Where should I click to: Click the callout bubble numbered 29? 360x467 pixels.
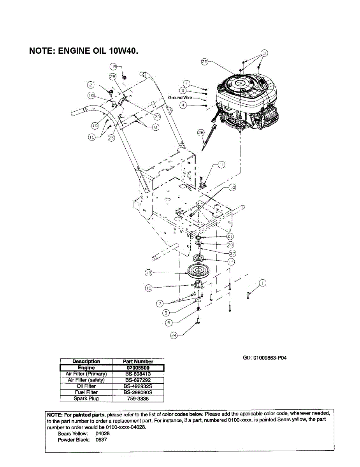[x=205, y=61]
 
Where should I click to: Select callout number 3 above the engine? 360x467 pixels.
[x=264, y=53]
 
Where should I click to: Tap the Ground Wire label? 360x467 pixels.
[x=180, y=98]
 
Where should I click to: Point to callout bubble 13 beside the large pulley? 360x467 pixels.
[x=148, y=273]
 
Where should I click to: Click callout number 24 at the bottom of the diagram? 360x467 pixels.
[x=174, y=336]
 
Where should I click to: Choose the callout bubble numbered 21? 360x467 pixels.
[x=230, y=237]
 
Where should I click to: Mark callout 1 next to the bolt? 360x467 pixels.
[x=263, y=283]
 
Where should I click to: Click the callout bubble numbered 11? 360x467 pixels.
[x=221, y=165]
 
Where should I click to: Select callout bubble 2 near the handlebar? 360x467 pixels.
[x=90, y=85]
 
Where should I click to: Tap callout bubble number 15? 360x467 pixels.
[x=149, y=288]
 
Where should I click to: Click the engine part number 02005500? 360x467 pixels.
[x=138, y=368]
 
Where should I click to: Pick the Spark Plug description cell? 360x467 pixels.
[x=86, y=399]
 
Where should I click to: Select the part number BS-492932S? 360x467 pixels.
[x=138, y=386]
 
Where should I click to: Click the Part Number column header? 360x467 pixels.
[x=138, y=362]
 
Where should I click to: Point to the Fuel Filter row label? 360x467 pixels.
[x=86, y=392]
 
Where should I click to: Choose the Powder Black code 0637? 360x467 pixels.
[x=102, y=440]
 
